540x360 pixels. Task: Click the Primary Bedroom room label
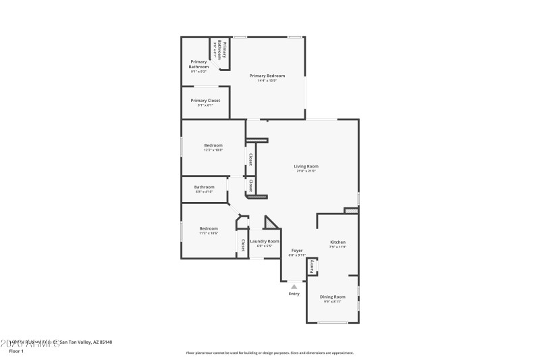[x=267, y=76]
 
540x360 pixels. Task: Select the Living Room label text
[x=306, y=166]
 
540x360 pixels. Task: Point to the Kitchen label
[x=337, y=242]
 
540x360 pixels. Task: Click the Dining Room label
[x=332, y=297]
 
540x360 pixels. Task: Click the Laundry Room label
[x=265, y=241]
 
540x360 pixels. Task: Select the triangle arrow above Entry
[x=294, y=287]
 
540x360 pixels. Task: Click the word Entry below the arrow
[x=294, y=294]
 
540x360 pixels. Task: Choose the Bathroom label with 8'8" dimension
[x=204, y=187]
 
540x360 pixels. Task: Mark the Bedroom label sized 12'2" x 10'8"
[x=213, y=145]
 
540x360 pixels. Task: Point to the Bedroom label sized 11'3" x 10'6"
[x=209, y=228]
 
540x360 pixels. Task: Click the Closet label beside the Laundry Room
[x=242, y=244]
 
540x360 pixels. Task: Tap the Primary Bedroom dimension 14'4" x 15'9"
[x=267, y=81]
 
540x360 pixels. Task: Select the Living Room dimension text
[x=306, y=172]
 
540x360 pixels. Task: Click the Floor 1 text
[x=16, y=351]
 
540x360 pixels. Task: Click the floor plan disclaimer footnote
[x=269, y=353]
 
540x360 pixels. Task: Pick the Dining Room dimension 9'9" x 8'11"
[x=332, y=302]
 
